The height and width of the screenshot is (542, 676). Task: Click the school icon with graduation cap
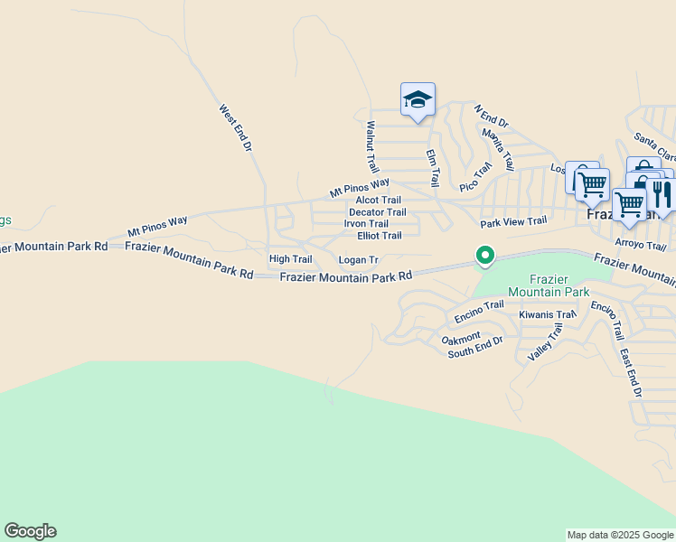(418, 99)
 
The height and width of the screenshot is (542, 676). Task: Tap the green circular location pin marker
(485, 257)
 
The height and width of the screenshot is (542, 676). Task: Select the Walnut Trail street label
(371, 148)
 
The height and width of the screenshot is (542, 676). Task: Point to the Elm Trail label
(433, 166)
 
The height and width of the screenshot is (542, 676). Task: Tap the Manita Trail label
(498, 149)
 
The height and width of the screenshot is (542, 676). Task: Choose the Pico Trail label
(475, 176)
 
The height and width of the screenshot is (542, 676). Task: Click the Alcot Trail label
(378, 201)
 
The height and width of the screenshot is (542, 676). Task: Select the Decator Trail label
(378, 212)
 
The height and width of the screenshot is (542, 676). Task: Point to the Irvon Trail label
(366, 224)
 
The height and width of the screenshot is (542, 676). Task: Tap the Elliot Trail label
(380, 236)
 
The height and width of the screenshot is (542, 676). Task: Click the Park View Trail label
(513, 221)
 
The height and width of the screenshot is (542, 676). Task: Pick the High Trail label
(290, 259)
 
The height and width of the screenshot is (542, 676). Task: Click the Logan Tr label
(358, 260)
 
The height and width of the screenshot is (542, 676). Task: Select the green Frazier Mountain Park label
(549, 285)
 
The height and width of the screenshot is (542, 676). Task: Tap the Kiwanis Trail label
(548, 315)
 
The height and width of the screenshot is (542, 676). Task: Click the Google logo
(30, 531)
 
